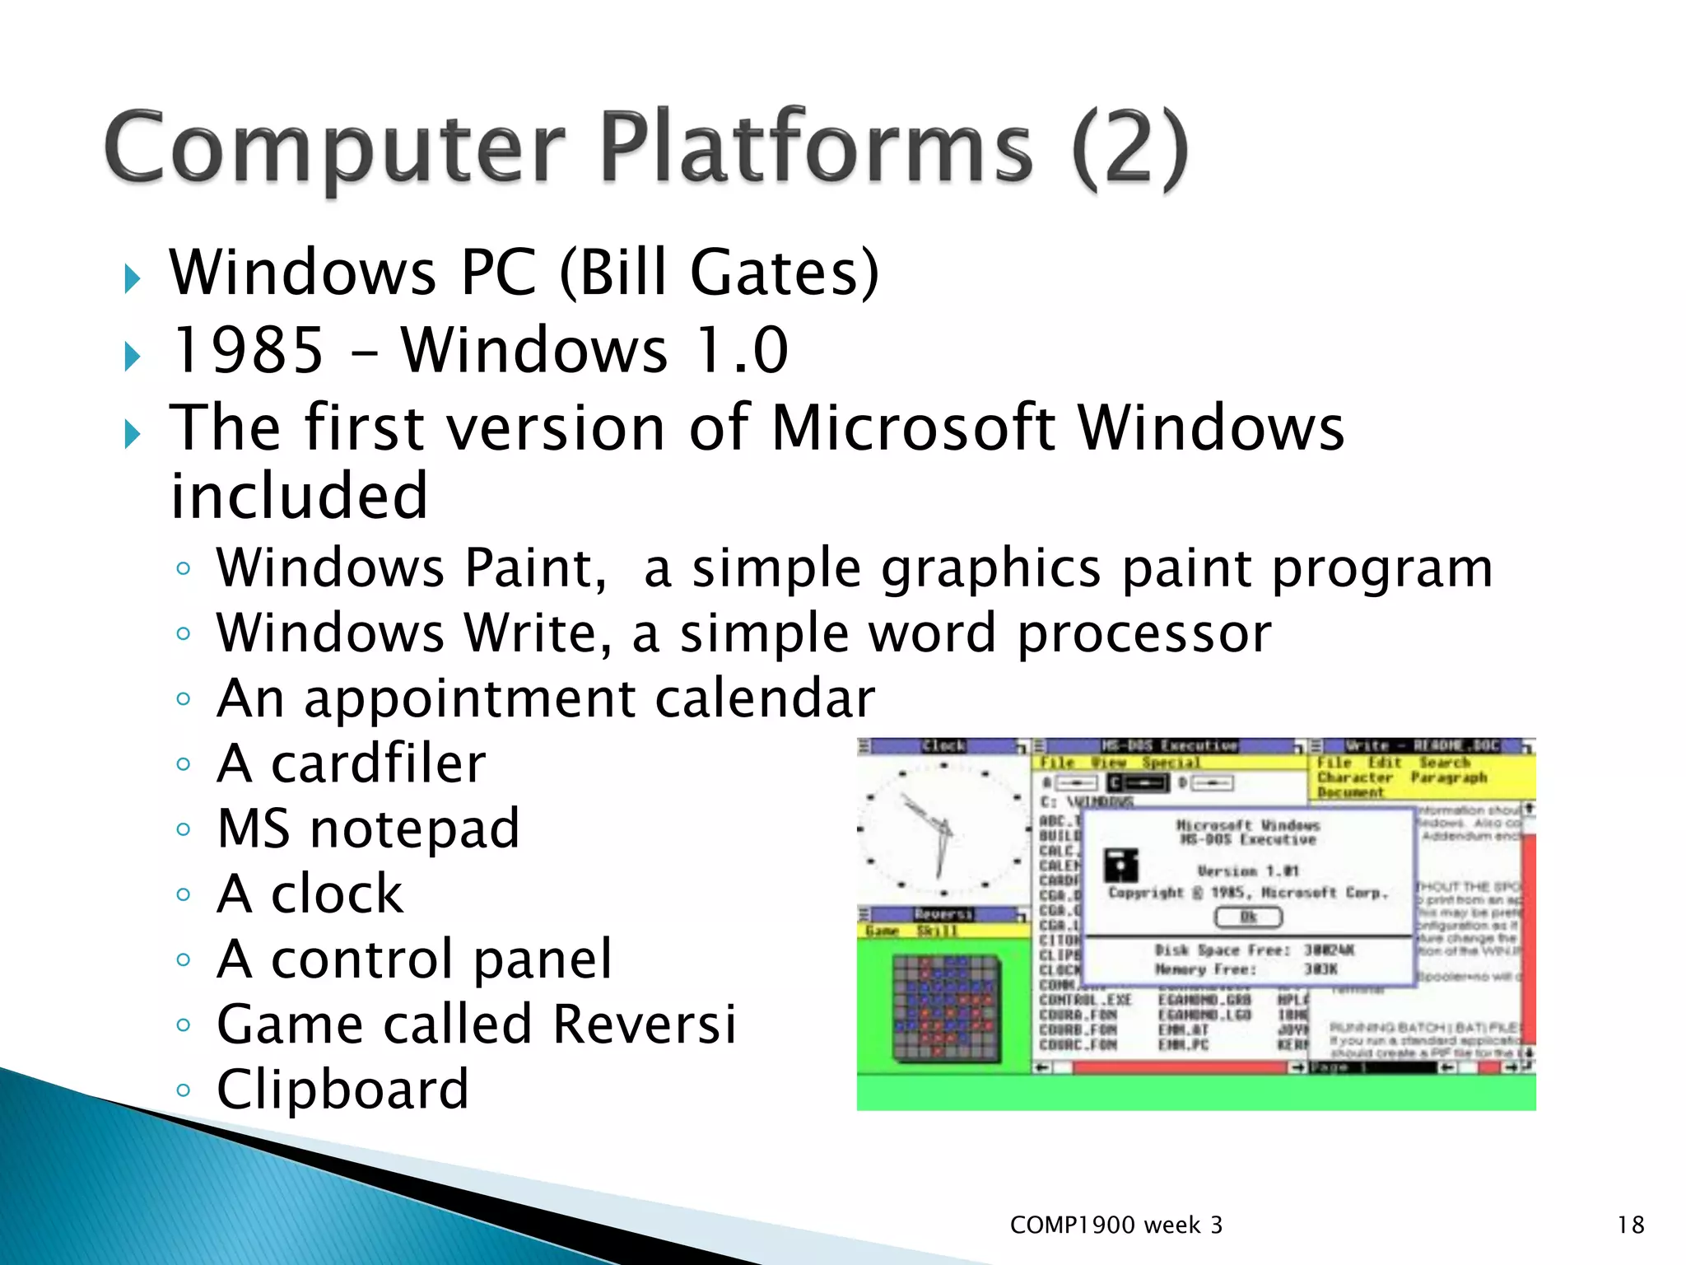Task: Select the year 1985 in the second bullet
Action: click(x=247, y=350)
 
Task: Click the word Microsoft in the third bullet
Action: click(x=912, y=427)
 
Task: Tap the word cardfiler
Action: click(x=379, y=763)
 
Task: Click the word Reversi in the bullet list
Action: click(x=644, y=1024)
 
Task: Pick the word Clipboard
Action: click(x=342, y=1089)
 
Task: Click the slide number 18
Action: click(x=1630, y=1225)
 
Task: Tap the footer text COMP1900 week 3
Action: click(x=1115, y=1225)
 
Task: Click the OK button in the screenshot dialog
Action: click(x=1248, y=917)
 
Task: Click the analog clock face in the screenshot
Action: click(x=943, y=829)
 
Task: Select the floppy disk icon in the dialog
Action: click(x=1121, y=865)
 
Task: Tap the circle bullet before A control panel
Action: click(x=184, y=959)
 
